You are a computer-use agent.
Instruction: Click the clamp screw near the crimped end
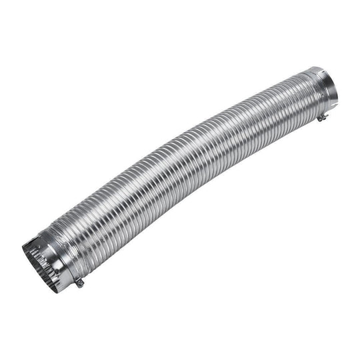click(79, 283)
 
